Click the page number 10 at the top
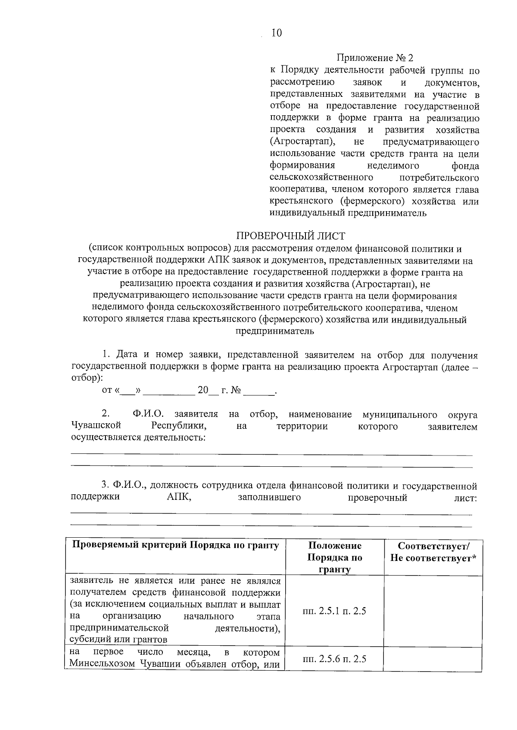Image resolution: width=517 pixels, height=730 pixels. click(x=276, y=33)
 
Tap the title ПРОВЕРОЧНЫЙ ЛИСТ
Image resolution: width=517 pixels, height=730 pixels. click(x=291, y=236)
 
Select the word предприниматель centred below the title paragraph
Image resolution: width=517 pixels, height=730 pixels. click(x=274, y=331)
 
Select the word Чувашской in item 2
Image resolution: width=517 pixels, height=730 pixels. click(x=96, y=426)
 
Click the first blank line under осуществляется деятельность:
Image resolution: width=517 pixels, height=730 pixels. click(x=271, y=454)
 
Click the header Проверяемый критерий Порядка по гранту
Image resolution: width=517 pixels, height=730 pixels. click(x=176, y=545)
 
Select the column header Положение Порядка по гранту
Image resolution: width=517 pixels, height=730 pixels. click(x=335, y=558)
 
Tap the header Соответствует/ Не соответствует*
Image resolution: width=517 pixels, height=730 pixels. click(x=433, y=552)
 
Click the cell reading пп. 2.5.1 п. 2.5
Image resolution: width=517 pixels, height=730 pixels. click(x=335, y=611)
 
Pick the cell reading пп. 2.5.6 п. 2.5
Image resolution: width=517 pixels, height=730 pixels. click(x=335, y=659)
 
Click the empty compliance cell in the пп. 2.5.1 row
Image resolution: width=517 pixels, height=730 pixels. click(x=433, y=611)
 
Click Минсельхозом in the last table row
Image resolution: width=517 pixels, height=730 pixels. click(x=102, y=664)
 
